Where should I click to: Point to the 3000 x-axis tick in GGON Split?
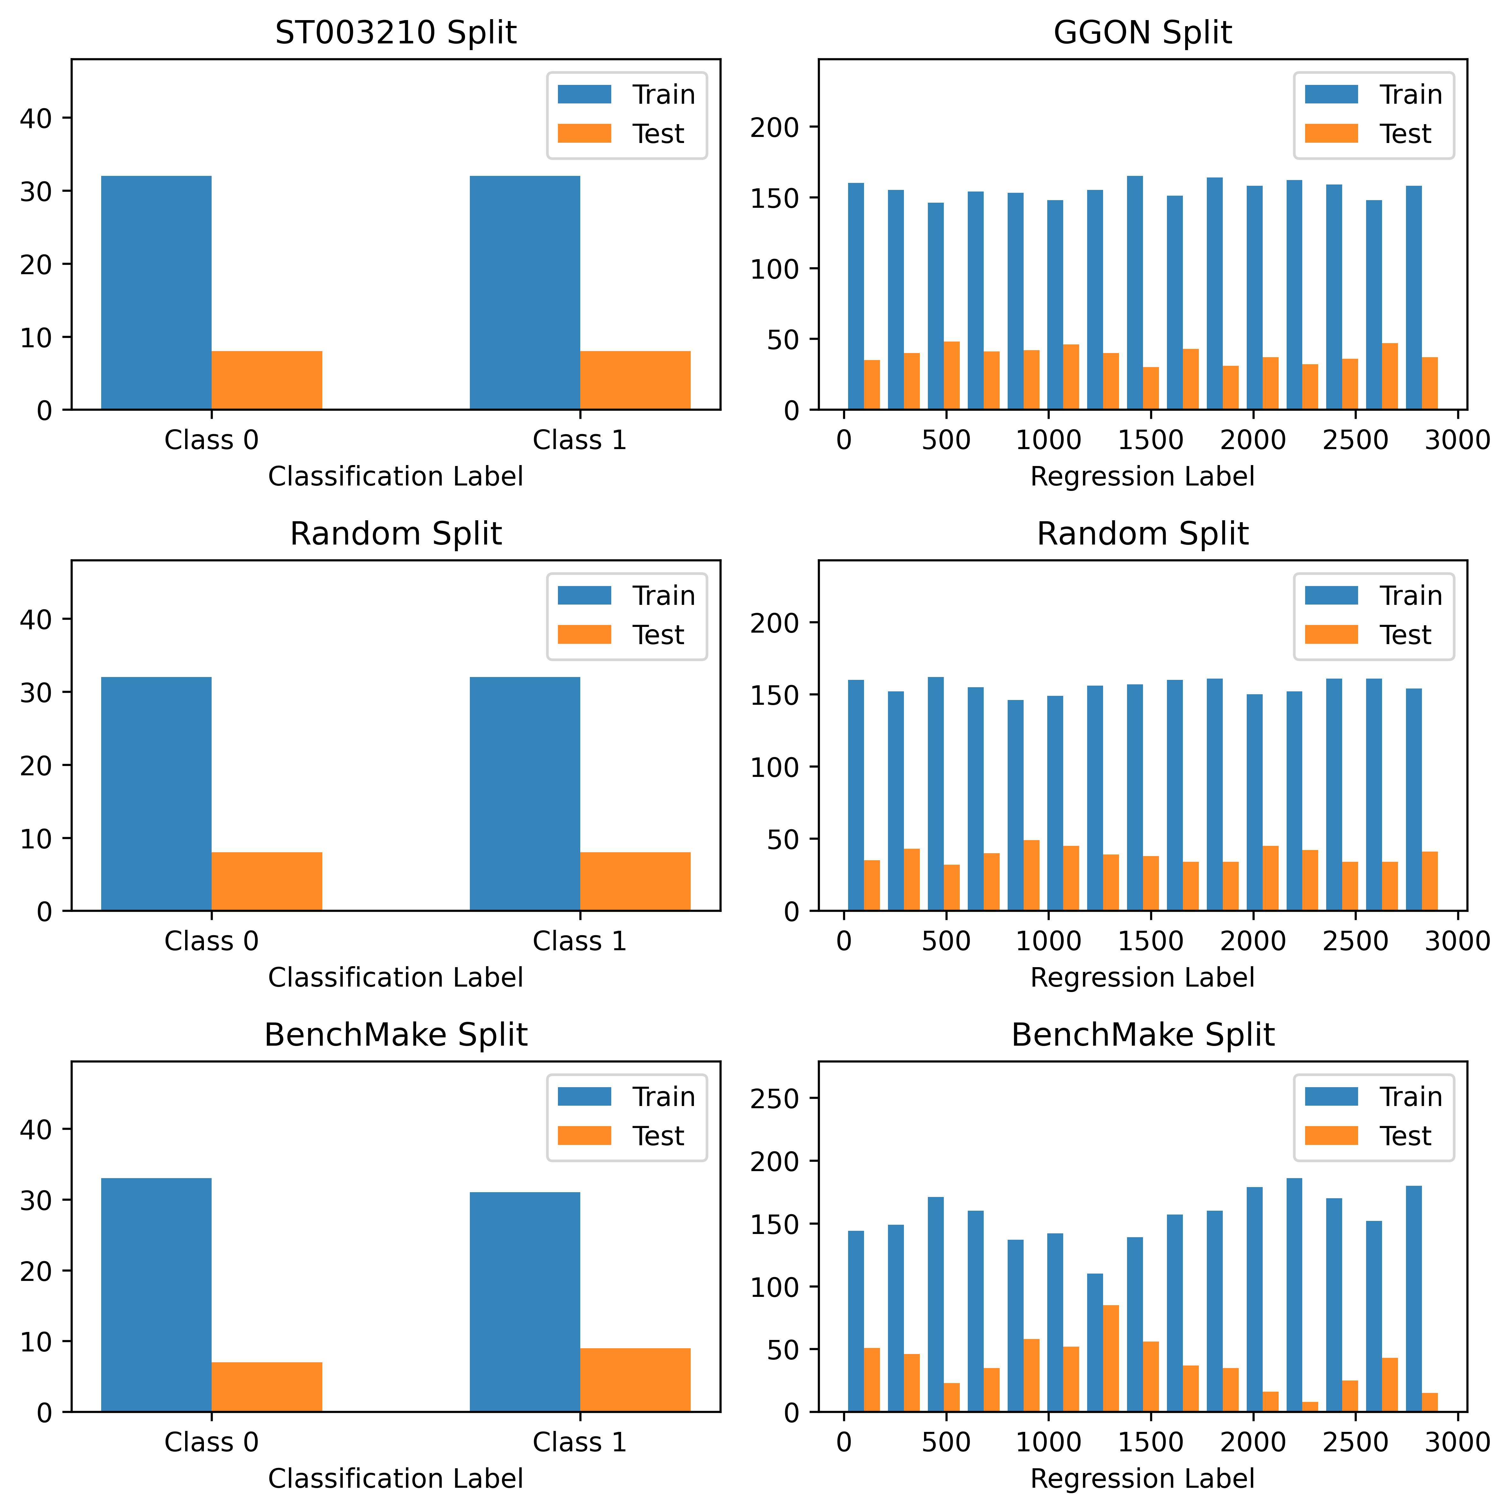tap(1457, 440)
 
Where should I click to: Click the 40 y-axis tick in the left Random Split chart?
tap(35, 619)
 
